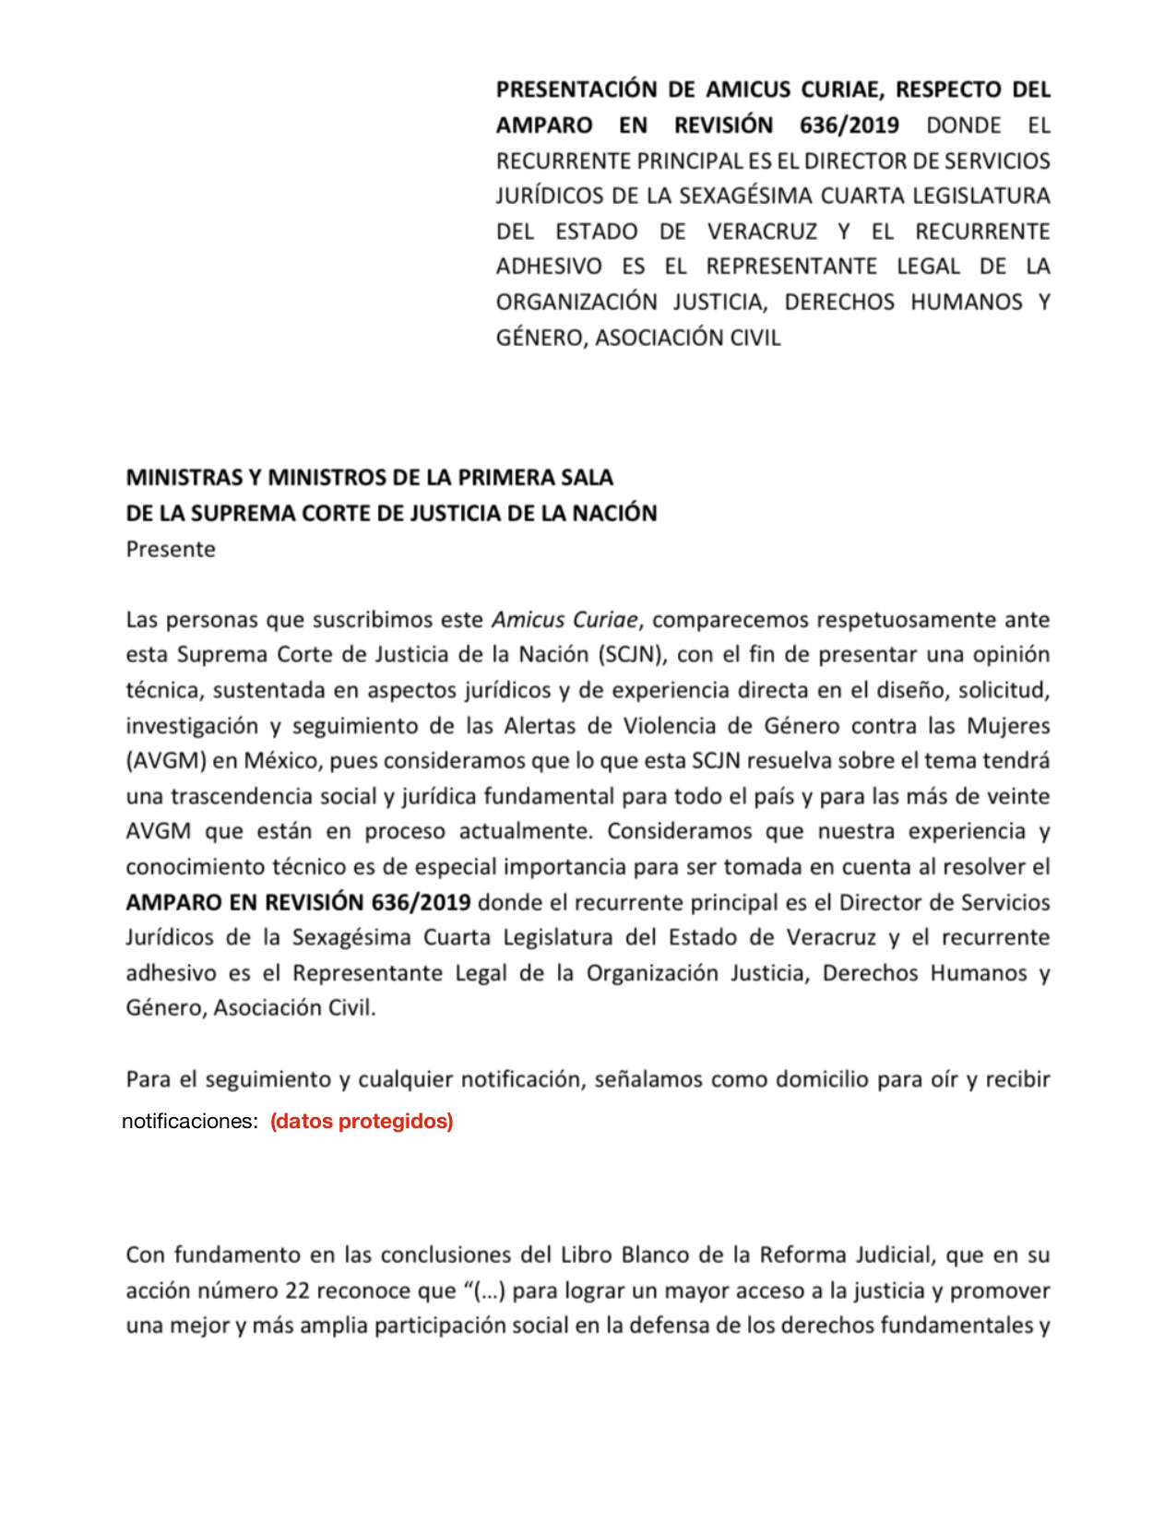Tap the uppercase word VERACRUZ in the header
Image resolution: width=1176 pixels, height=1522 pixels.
(762, 232)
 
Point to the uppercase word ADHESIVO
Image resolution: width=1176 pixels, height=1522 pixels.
(549, 267)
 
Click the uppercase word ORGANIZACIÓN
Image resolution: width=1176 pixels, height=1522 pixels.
(576, 303)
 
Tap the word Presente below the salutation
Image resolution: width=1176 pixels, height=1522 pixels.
(171, 549)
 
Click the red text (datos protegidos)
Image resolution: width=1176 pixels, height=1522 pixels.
(362, 1122)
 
